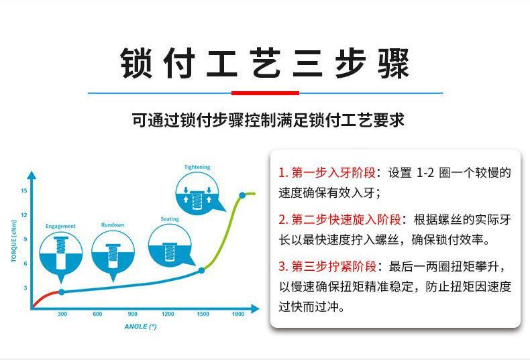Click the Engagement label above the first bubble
[60, 226]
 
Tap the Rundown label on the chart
[113, 225]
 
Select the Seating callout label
[170, 219]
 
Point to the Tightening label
[197, 167]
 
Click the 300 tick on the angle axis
[62, 314]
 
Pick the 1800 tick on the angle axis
[238, 314]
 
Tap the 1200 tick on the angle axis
[168, 314]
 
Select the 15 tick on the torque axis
[24, 190]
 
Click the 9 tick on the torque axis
[25, 239]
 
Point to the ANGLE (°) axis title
[140, 326]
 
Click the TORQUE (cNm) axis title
[14, 241]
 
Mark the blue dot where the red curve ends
[62, 292]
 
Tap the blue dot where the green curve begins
[201, 270]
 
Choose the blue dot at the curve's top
[242, 195]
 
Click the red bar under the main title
[265, 93]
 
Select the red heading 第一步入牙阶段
[333, 172]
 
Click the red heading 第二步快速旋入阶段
[346, 219]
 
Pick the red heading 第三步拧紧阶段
[334, 266]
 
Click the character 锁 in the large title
[136, 63]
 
